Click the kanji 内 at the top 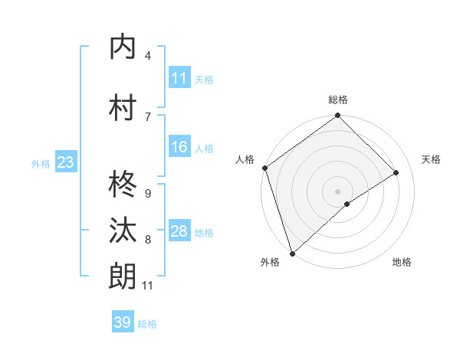coord(123,47)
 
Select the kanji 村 coord(123,106)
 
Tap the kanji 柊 coord(123,184)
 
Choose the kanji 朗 coord(123,276)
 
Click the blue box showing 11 coord(179,78)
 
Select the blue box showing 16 coord(179,148)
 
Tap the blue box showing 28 coord(179,232)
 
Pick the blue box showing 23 coord(65,162)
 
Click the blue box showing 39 coord(123,322)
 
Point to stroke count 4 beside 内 coord(148,56)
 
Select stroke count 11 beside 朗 coord(147,286)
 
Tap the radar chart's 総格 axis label coord(338,100)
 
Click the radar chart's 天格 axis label coord(432,159)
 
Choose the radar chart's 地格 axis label coord(402,262)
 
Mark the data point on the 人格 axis coord(264,168)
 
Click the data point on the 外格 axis coord(292,253)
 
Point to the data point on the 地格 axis coord(347,204)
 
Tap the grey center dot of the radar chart coord(337,191)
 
